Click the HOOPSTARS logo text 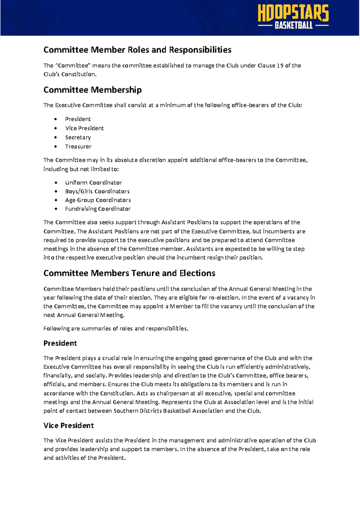tap(293, 13)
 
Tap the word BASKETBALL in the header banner tap(293, 26)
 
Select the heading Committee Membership tap(92, 90)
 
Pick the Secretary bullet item tap(78, 137)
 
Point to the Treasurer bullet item tap(78, 146)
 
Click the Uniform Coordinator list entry tap(93, 182)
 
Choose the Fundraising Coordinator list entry tap(98, 209)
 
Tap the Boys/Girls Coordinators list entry tap(97, 191)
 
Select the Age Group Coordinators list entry tap(98, 200)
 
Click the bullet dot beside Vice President tap(55, 128)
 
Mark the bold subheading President tap(60, 343)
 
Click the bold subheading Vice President tap(68, 425)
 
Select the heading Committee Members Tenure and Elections tap(129, 273)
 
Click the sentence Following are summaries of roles tap(116, 328)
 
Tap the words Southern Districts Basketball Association tap(168, 411)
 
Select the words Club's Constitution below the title tap(70, 74)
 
